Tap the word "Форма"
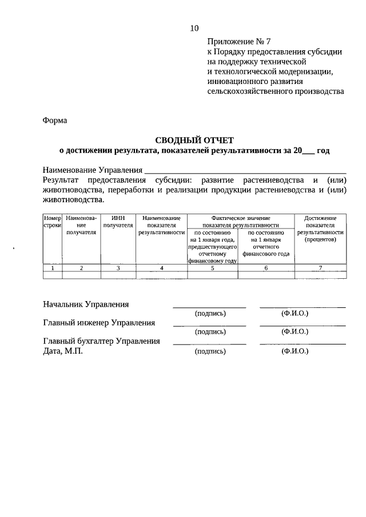point(55,121)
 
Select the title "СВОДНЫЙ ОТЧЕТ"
point(195,140)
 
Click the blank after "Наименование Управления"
point(245,170)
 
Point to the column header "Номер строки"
point(52,222)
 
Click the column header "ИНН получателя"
point(118,222)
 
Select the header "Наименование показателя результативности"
point(162,226)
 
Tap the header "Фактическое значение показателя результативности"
point(240,222)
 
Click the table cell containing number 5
point(212,267)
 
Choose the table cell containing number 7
point(320,267)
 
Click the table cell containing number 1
point(52,267)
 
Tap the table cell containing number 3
point(118,267)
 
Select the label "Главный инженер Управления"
point(100,322)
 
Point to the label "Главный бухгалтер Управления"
point(102,341)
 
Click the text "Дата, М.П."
point(63,351)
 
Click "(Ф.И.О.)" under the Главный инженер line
point(295,332)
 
